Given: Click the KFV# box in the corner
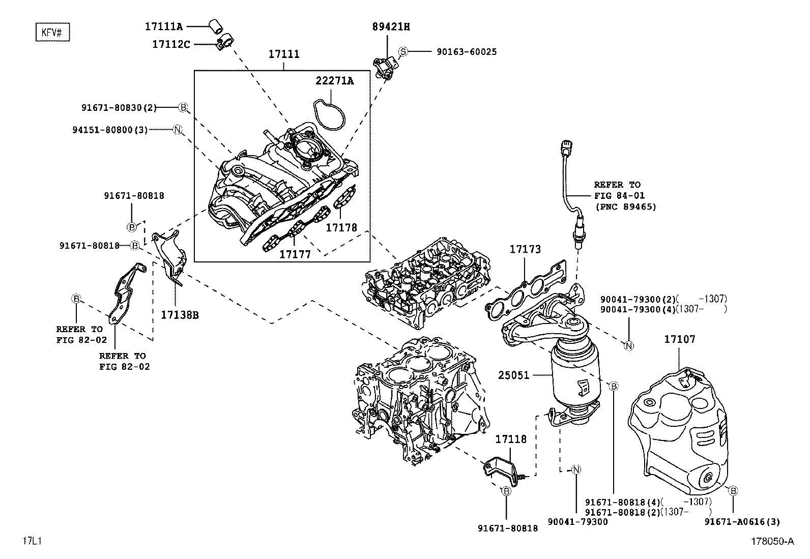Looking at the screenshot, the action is pos(53,32).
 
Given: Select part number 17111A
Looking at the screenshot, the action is pos(164,26).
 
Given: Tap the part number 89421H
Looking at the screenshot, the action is pos(391,27).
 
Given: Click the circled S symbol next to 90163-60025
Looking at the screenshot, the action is pos(403,52).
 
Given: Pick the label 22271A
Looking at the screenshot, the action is pos(334,81).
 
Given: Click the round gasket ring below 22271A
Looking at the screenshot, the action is pos(329,114).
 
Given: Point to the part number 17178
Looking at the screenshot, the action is pos(341,227).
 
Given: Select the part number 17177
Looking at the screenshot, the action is pos(295,254).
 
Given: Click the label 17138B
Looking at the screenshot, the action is pos(180,315).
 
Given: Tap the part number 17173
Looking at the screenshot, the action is pos(525,249).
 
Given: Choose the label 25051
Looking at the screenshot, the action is pos(513,375).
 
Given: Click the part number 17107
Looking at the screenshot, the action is pos(679,339).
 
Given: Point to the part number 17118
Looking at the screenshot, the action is pos(511,439).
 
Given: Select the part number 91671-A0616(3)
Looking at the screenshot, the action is pos(742,522).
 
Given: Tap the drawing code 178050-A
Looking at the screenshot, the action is pos(772,541).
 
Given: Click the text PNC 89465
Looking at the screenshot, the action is pos(626,207).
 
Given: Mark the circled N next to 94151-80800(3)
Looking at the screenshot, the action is pos(177,129).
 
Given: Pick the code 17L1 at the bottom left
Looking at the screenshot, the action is pos(32,541).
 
